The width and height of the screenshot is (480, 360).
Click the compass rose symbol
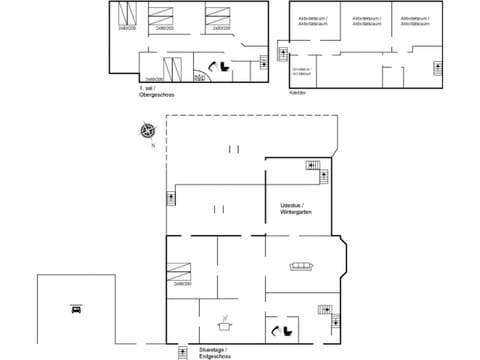148,130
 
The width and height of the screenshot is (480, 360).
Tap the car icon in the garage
76,309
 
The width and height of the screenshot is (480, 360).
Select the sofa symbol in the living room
300,266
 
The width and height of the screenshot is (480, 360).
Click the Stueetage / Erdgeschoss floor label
214,352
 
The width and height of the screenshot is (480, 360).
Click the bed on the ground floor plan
180,270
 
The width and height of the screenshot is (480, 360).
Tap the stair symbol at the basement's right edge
437,67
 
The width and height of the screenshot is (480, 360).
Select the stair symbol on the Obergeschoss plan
263,62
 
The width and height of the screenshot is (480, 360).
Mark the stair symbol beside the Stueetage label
182,351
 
